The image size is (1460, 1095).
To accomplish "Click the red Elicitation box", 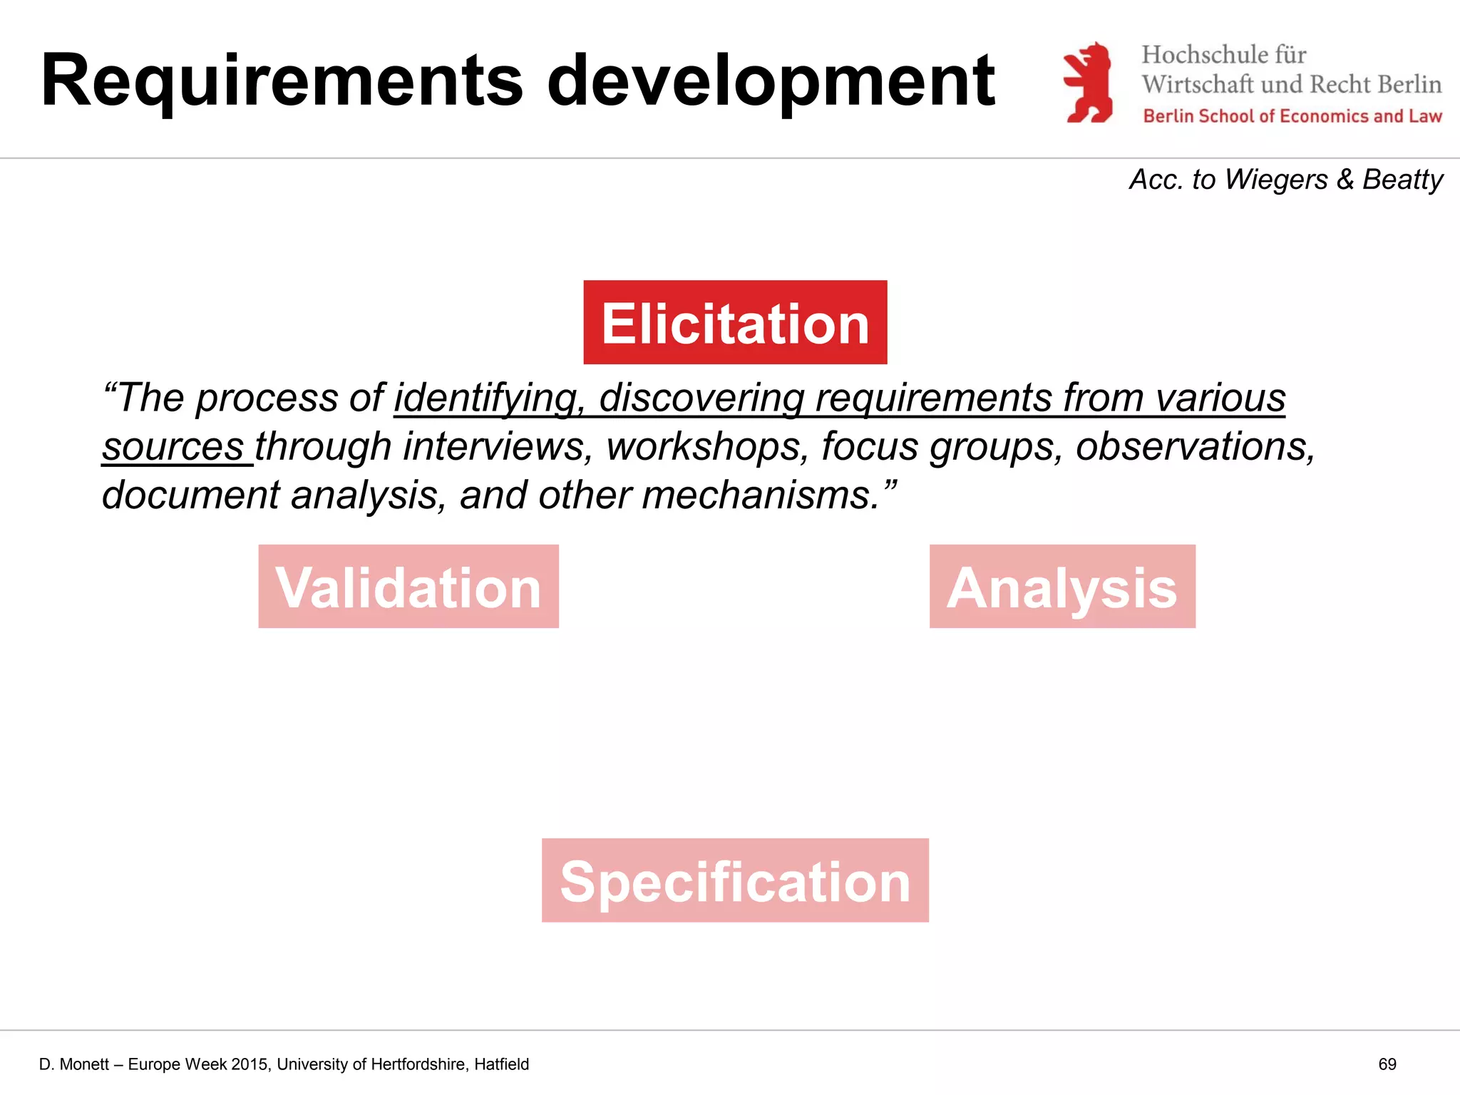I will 735,322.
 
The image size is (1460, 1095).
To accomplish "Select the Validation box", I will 408,586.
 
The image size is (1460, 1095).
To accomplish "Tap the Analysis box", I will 1062,586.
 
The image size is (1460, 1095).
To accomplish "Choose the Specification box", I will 735,880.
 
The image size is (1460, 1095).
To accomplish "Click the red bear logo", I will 1088,83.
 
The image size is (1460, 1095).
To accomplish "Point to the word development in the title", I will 770,82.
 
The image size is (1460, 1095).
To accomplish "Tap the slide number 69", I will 1387,1064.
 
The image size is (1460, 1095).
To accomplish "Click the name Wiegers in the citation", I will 1276,180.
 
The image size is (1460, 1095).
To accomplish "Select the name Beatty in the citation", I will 1402,180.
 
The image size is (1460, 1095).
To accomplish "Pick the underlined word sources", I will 173,447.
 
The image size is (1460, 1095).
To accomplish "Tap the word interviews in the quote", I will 498,447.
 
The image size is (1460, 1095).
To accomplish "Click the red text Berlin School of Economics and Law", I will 1292,116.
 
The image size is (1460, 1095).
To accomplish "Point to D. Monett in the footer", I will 74,1064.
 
